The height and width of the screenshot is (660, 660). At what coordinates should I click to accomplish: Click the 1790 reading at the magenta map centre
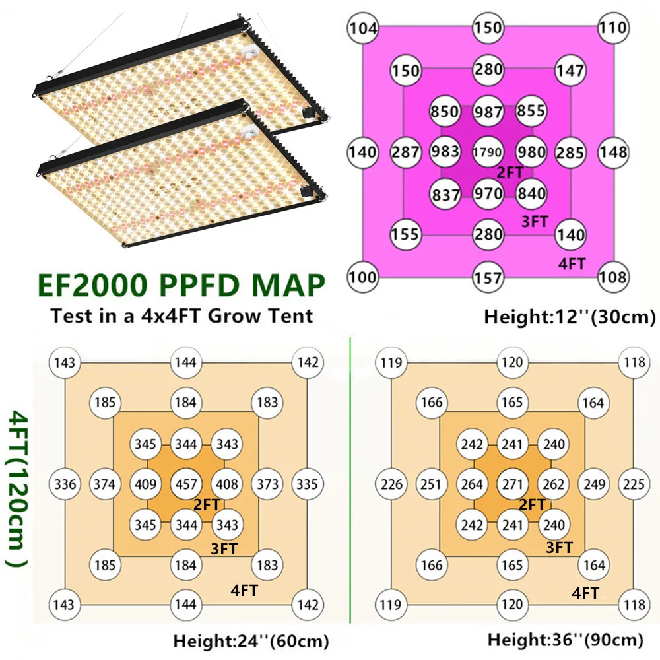coord(488,152)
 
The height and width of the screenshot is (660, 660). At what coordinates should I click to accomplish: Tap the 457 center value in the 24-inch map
coord(185,484)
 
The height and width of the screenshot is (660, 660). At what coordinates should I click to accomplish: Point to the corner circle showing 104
coord(364,28)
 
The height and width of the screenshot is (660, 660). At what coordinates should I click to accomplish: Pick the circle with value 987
coord(488,112)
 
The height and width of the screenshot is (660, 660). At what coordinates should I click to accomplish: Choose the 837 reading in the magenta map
coord(445,194)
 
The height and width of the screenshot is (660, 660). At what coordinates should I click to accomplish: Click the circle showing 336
coord(65,484)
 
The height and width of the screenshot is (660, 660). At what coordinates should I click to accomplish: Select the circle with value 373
coord(267,484)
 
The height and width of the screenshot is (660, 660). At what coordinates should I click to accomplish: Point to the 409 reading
coord(145,484)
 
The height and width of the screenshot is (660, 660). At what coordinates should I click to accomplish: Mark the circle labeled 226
coord(392,484)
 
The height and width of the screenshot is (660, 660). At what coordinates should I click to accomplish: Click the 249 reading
coord(594,484)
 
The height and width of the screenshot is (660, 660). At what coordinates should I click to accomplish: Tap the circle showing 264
coord(472,484)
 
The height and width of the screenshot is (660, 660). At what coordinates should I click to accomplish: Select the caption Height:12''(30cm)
coord(570,317)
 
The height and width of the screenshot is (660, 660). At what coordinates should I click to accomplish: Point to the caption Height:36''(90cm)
coord(566,639)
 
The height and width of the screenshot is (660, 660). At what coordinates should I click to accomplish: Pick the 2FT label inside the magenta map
coord(508,172)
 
